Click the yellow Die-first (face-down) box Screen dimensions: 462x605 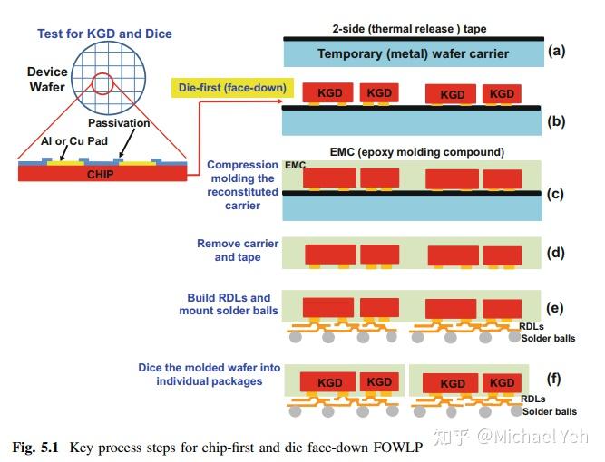coord(229,88)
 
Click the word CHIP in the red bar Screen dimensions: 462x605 coord(101,174)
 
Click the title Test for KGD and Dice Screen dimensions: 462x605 coord(104,34)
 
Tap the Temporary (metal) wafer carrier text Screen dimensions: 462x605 coord(413,54)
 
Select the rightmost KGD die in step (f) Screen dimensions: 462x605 coord(502,382)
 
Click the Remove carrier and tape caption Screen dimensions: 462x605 coord(238,251)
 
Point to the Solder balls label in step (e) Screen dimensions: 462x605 coord(548,339)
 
